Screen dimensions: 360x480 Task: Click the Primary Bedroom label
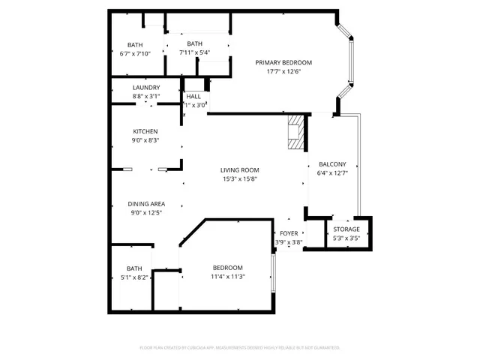point(283,62)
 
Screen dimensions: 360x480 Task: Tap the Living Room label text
point(240,169)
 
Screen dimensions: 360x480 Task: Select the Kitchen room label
point(145,131)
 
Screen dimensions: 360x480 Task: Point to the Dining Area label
point(146,204)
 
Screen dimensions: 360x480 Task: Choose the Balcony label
point(332,163)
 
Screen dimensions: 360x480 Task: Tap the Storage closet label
point(346,229)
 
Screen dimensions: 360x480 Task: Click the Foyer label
point(288,233)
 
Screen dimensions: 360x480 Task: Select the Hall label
point(193,97)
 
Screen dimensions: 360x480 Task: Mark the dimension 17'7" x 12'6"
point(283,72)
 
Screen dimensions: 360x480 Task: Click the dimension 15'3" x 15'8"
point(240,178)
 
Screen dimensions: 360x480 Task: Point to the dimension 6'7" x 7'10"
point(135,52)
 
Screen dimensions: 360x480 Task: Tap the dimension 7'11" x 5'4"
point(195,52)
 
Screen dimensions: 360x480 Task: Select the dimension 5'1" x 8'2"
point(134,277)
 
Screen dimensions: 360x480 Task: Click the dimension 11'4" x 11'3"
point(227,277)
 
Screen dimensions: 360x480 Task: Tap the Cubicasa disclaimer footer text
point(240,348)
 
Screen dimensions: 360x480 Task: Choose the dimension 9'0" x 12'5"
point(146,213)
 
